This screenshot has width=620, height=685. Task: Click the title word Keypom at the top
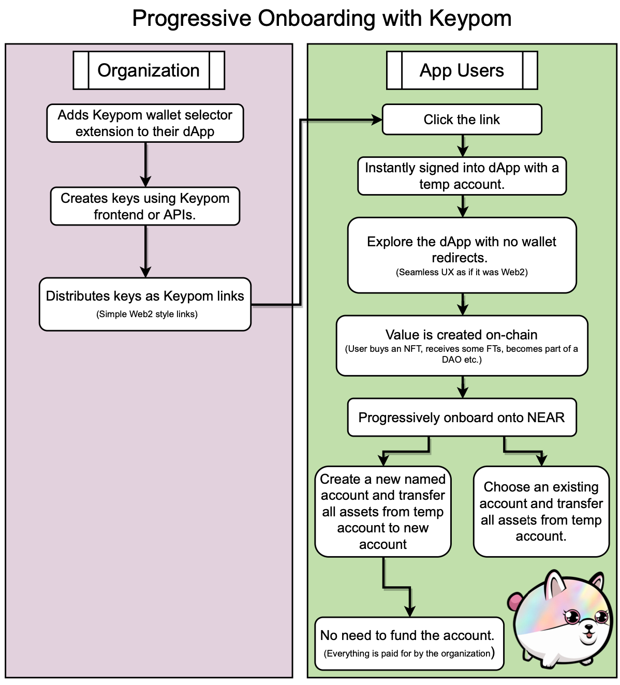click(470, 19)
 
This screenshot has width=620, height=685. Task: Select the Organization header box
click(149, 70)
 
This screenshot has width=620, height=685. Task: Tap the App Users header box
click(462, 70)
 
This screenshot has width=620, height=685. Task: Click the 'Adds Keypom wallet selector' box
click(145, 123)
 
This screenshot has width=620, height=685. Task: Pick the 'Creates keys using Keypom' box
click(145, 206)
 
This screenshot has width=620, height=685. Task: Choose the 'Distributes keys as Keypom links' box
click(145, 304)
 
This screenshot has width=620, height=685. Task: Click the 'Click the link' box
click(462, 120)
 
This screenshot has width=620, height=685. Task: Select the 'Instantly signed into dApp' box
click(462, 176)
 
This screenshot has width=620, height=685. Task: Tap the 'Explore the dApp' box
click(462, 255)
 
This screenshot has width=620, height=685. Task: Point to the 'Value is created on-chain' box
click(462, 345)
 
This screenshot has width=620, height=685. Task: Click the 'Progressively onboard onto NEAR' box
click(462, 417)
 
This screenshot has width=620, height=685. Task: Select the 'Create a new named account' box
click(383, 511)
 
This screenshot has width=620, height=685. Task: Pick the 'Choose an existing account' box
click(541, 511)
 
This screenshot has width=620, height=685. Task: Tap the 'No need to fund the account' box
click(409, 643)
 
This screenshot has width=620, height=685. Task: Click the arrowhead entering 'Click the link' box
click(377, 120)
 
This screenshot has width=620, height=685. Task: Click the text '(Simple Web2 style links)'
click(147, 314)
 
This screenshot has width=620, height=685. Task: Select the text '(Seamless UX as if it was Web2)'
click(462, 272)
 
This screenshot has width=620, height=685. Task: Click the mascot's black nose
click(588, 628)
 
